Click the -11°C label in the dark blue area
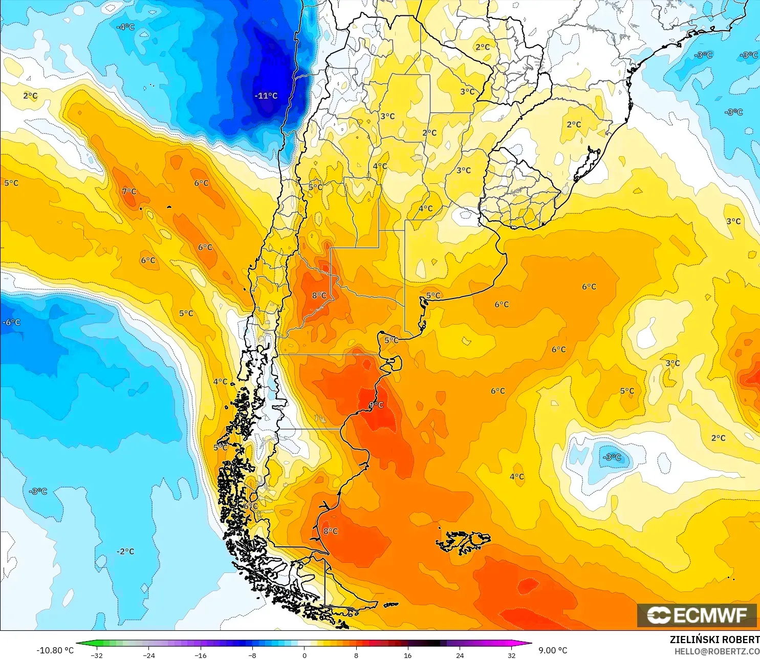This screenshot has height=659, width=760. click(266, 96)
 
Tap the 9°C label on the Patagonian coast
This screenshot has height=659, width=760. click(376, 405)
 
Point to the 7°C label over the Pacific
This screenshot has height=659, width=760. click(129, 192)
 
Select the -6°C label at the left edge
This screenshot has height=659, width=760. click(11, 322)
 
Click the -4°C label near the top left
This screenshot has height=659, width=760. click(125, 27)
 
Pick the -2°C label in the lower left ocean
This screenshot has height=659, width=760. click(125, 551)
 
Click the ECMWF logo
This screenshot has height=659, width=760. click(697, 615)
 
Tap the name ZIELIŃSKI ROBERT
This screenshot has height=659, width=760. click(714, 640)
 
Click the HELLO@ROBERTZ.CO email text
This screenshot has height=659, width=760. click(716, 651)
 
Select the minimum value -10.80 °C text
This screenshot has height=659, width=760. click(55, 650)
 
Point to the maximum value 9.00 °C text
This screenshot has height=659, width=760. click(553, 650)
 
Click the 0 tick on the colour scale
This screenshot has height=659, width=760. click(304, 655)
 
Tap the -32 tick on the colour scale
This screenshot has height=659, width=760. click(97, 655)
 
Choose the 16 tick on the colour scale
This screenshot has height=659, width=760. click(407, 655)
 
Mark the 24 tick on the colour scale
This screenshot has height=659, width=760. click(460, 655)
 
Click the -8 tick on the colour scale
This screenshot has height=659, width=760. click(252, 655)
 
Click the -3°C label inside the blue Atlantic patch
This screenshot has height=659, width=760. click(612, 457)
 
